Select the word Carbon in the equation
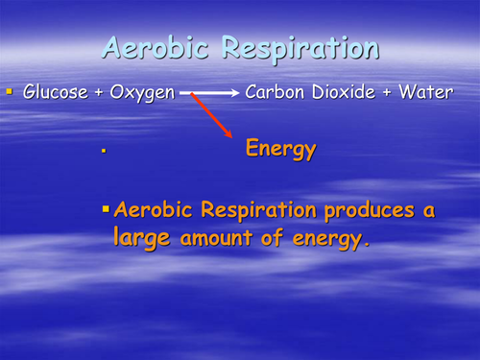click(274, 92)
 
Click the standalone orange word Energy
click(280, 150)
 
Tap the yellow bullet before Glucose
click(10, 92)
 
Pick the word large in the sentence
click(142, 239)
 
